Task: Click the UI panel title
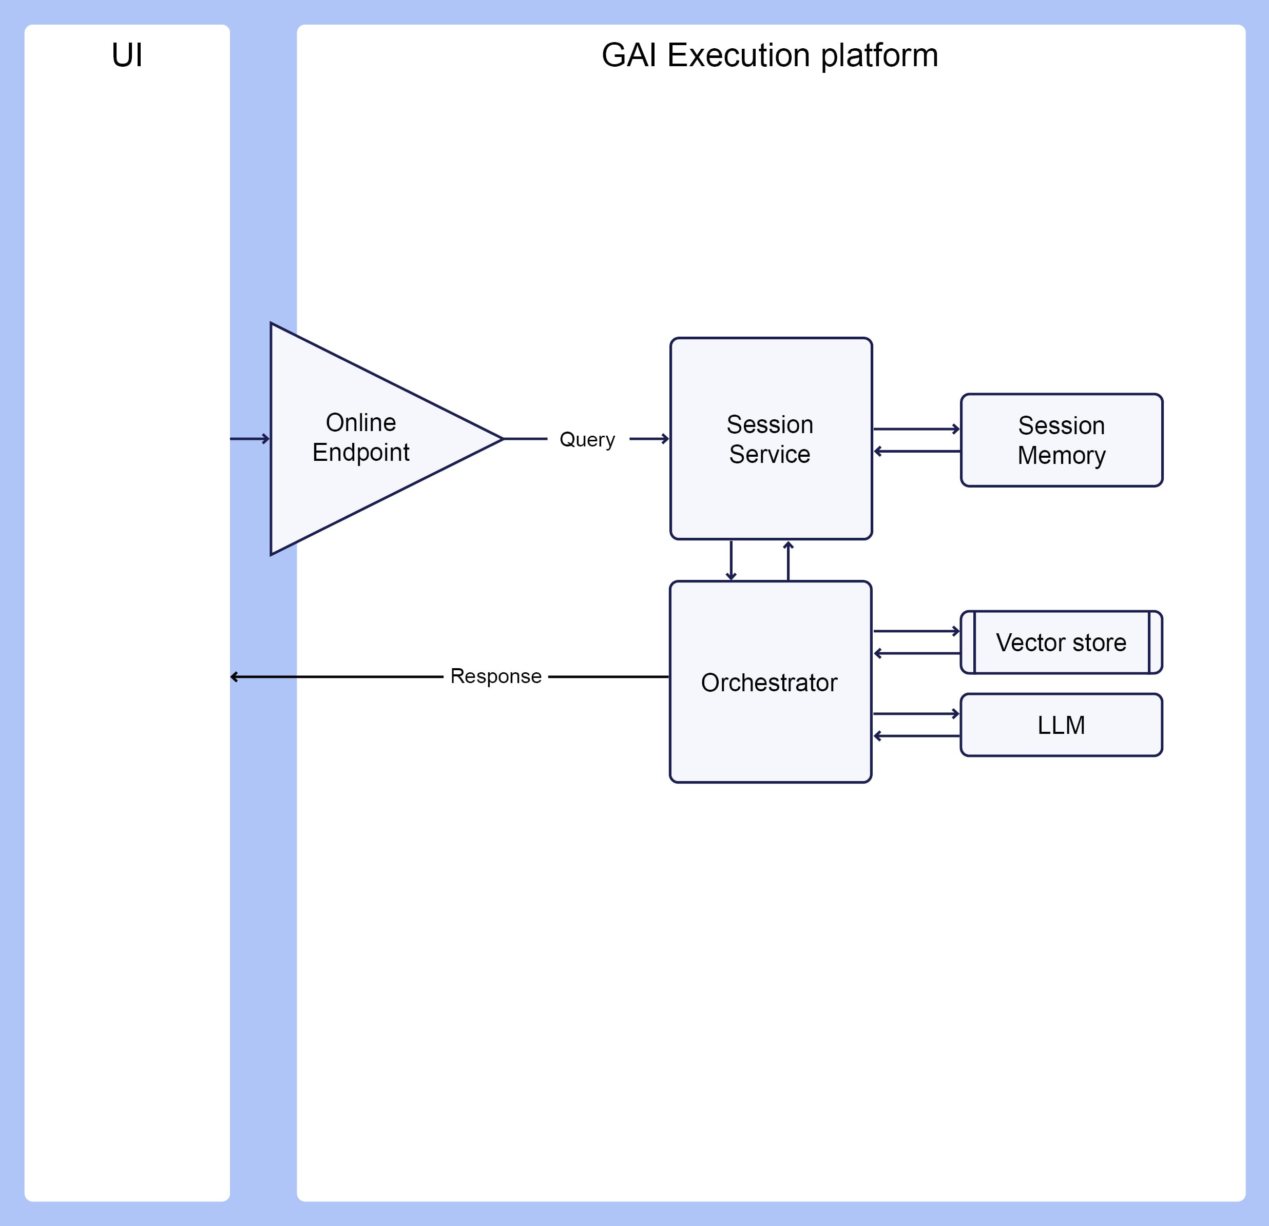(127, 55)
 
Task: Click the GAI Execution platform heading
(770, 55)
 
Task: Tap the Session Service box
(771, 438)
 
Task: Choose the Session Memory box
(1062, 440)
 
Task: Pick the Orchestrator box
(771, 682)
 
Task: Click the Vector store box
(1062, 642)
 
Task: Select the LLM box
(1062, 725)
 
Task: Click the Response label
(496, 676)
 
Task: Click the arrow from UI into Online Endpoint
(250, 439)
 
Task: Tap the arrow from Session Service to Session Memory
(917, 429)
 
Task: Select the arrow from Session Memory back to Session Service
(917, 451)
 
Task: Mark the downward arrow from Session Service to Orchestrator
(731, 560)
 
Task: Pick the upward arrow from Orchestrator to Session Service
(788, 560)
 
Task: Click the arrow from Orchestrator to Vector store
(917, 631)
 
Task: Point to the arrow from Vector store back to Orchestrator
(917, 653)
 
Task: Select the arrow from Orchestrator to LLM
(917, 713)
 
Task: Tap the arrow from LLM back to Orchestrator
(917, 736)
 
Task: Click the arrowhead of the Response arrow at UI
(232, 677)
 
